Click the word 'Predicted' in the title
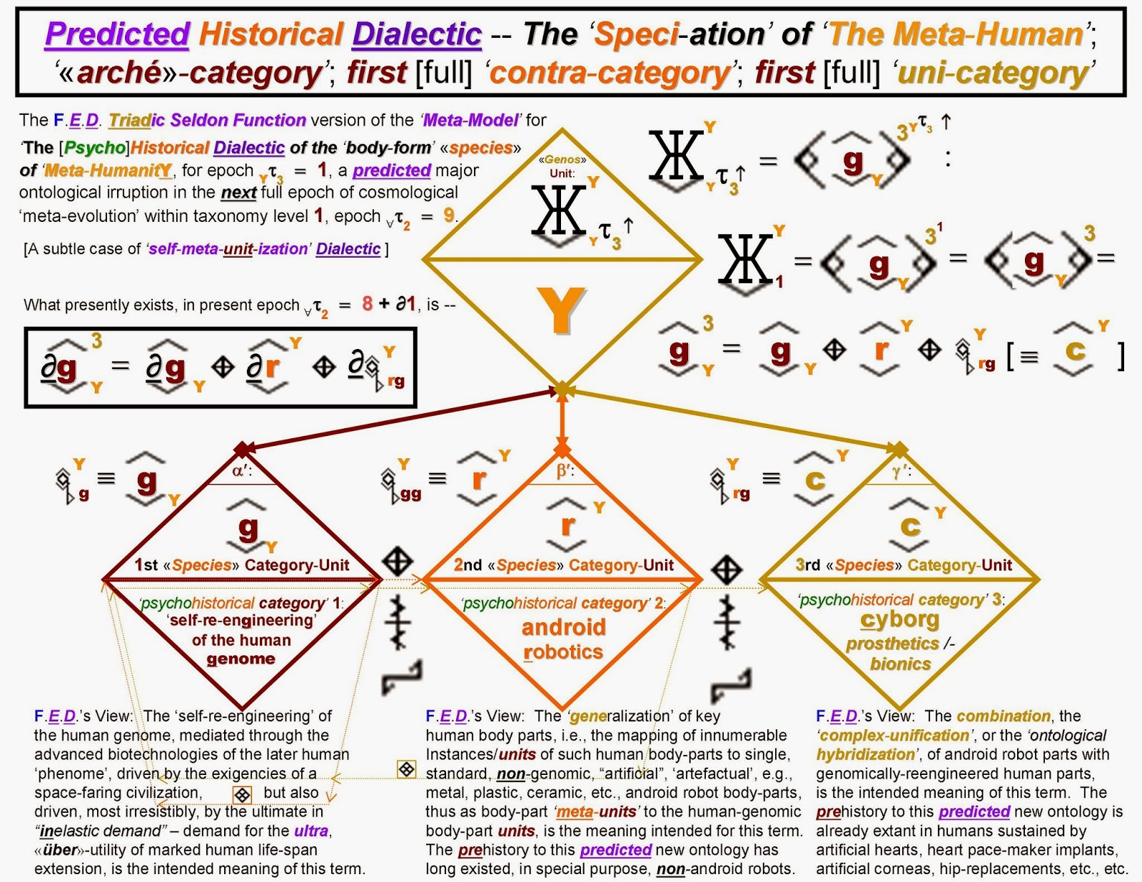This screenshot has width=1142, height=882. coord(117,34)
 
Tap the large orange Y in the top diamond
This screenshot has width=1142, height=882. coord(562,310)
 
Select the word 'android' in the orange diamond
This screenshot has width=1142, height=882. coord(563,627)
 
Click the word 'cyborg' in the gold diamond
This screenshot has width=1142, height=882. coord(899,619)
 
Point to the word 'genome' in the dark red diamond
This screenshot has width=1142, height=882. coord(241,659)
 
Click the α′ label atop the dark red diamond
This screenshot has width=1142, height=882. coord(243,471)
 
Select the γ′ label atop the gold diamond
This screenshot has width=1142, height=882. coord(901,472)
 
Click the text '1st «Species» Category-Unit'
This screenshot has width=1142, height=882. coord(241,565)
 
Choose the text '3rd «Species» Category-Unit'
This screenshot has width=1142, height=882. coord(904,565)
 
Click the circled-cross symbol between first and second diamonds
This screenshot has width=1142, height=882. coord(398,562)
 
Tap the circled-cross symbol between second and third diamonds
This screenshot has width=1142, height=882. coord(727,569)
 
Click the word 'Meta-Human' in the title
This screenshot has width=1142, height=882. coord(956,34)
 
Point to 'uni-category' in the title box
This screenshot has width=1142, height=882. coord(993,73)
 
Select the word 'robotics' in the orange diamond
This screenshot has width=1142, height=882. coord(563,652)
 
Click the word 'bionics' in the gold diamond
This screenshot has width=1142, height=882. coord(900,664)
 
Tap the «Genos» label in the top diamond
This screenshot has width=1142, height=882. coord(562,160)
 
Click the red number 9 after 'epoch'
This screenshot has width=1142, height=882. coord(449,215)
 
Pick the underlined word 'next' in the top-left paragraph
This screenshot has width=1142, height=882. coord(238,193)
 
